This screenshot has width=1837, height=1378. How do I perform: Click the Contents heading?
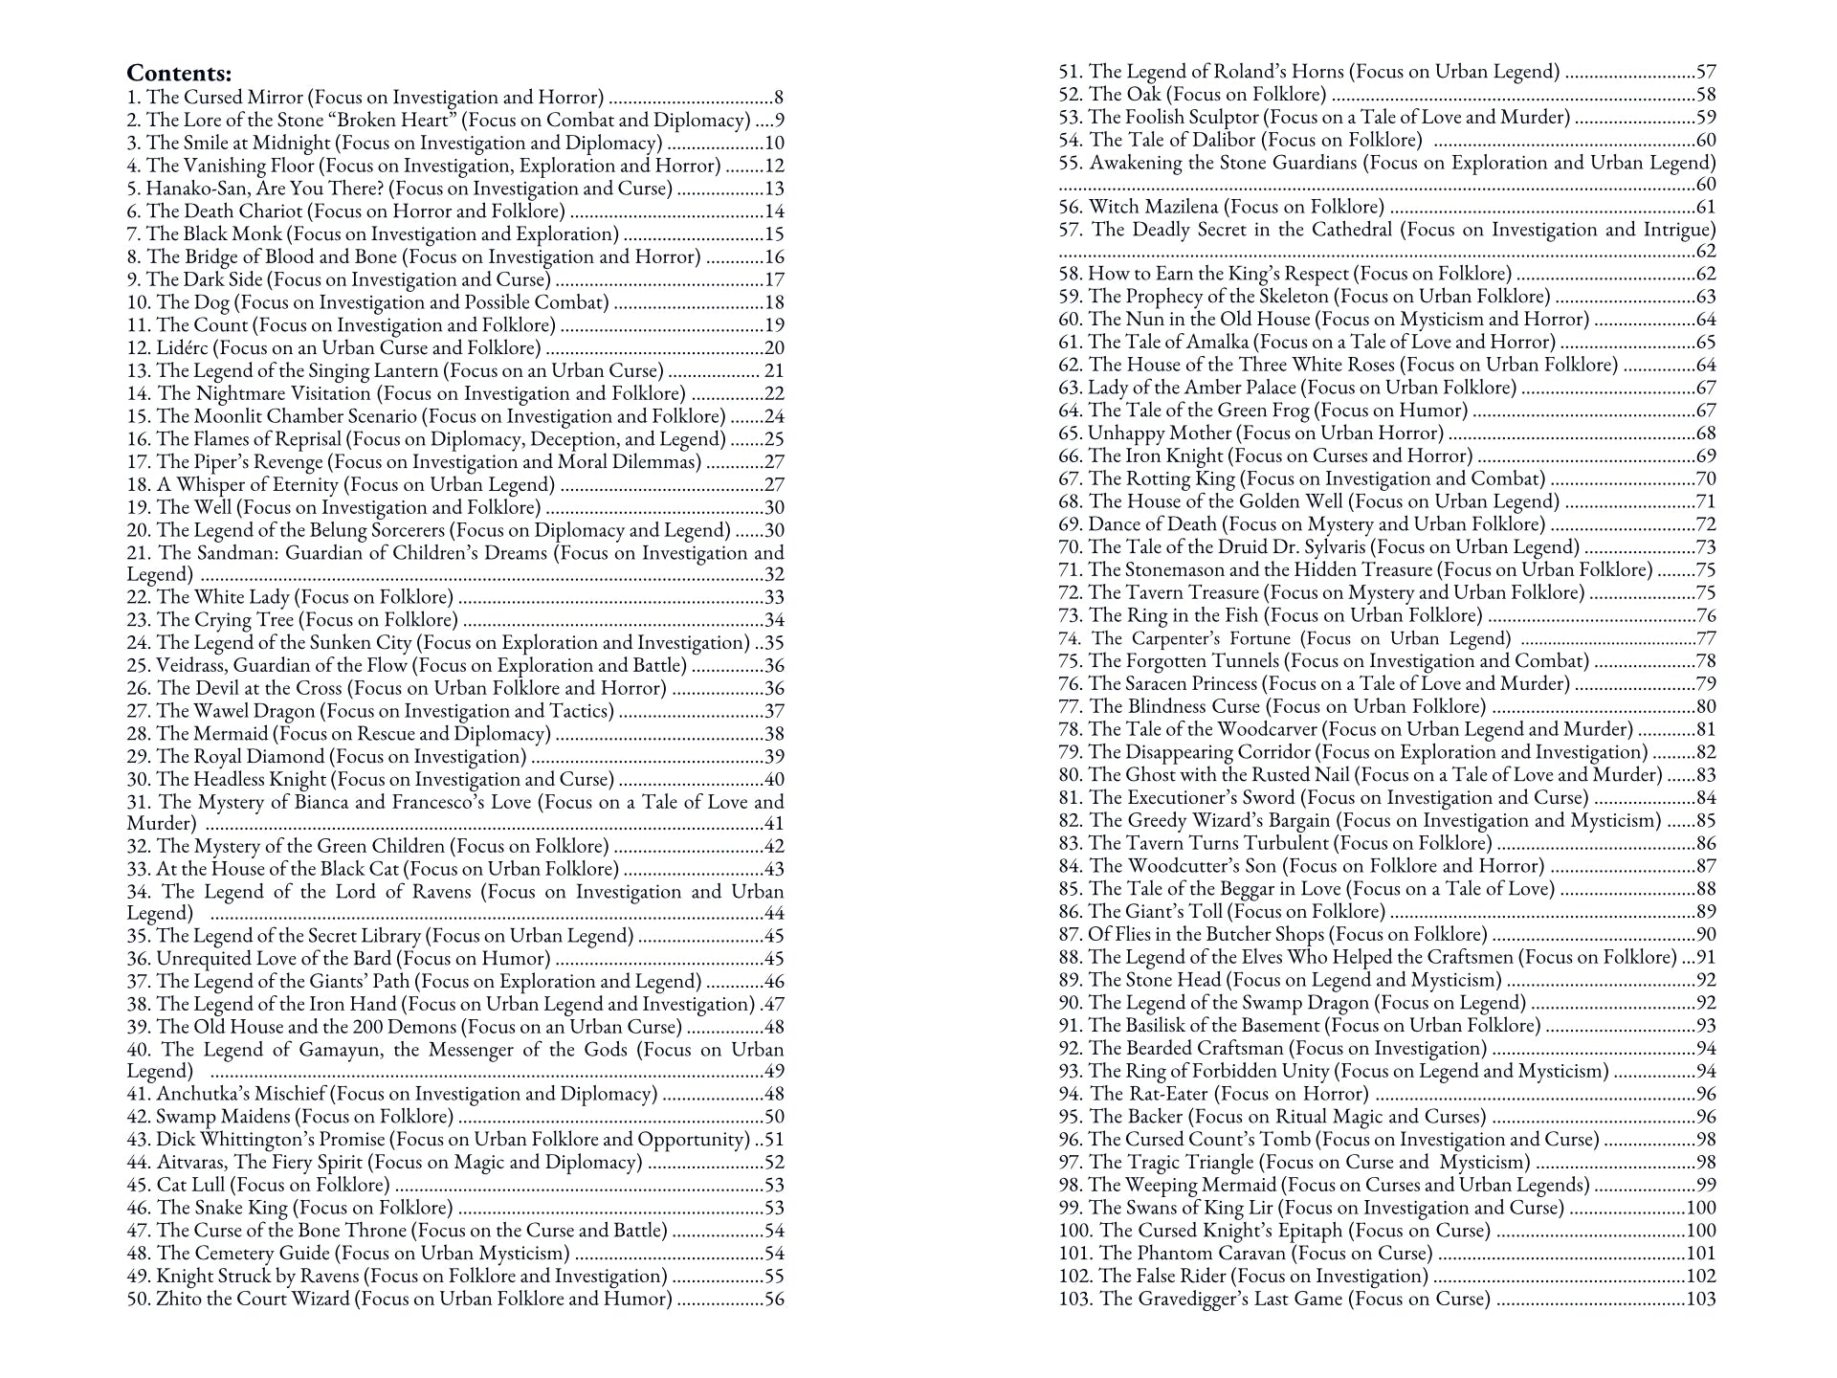179,74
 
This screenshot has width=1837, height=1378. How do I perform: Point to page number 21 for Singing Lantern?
774,370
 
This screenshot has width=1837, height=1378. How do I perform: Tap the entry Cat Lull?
258,1185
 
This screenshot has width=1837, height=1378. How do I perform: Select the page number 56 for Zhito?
774,1299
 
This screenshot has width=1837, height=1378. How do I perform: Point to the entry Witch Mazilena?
1221,207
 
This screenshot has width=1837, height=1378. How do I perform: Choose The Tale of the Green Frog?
1263,411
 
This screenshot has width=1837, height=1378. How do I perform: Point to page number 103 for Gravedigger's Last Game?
1700,1299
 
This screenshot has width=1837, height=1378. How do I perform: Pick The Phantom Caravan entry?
1245,1253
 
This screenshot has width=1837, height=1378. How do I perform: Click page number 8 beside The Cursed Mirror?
779,97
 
